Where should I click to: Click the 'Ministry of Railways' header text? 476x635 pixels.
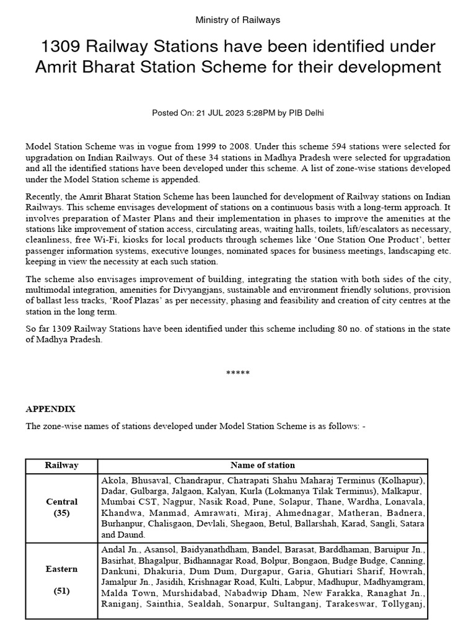pyautogui.click(x=238, y=20)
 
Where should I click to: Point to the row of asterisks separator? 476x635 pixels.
pyautogui.click(x=238, y=373)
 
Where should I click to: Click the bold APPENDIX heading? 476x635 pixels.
pyautogui.click(x=50, y=409)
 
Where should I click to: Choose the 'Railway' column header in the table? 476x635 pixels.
pyautogui.click(x=61, y=465)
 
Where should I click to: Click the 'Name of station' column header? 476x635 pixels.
pyautogui.click(x=262, y=465)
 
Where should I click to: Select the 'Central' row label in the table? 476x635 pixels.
pyautogui.click(x=62, y=502)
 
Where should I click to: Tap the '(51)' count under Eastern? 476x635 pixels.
pyautogui.click(x=62, y=591)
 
